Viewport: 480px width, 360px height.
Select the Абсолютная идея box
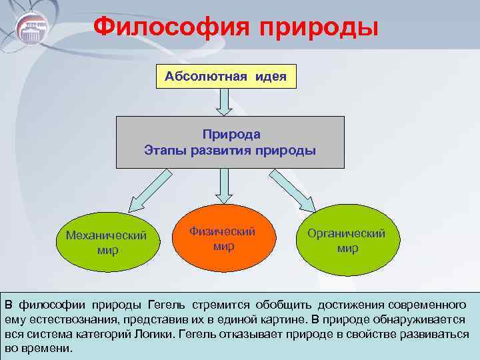point(225,77)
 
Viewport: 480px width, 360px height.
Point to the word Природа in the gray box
point(230,135)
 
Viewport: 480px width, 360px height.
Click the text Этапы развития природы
point(230,149)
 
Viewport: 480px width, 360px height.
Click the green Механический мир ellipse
point(107,243)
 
